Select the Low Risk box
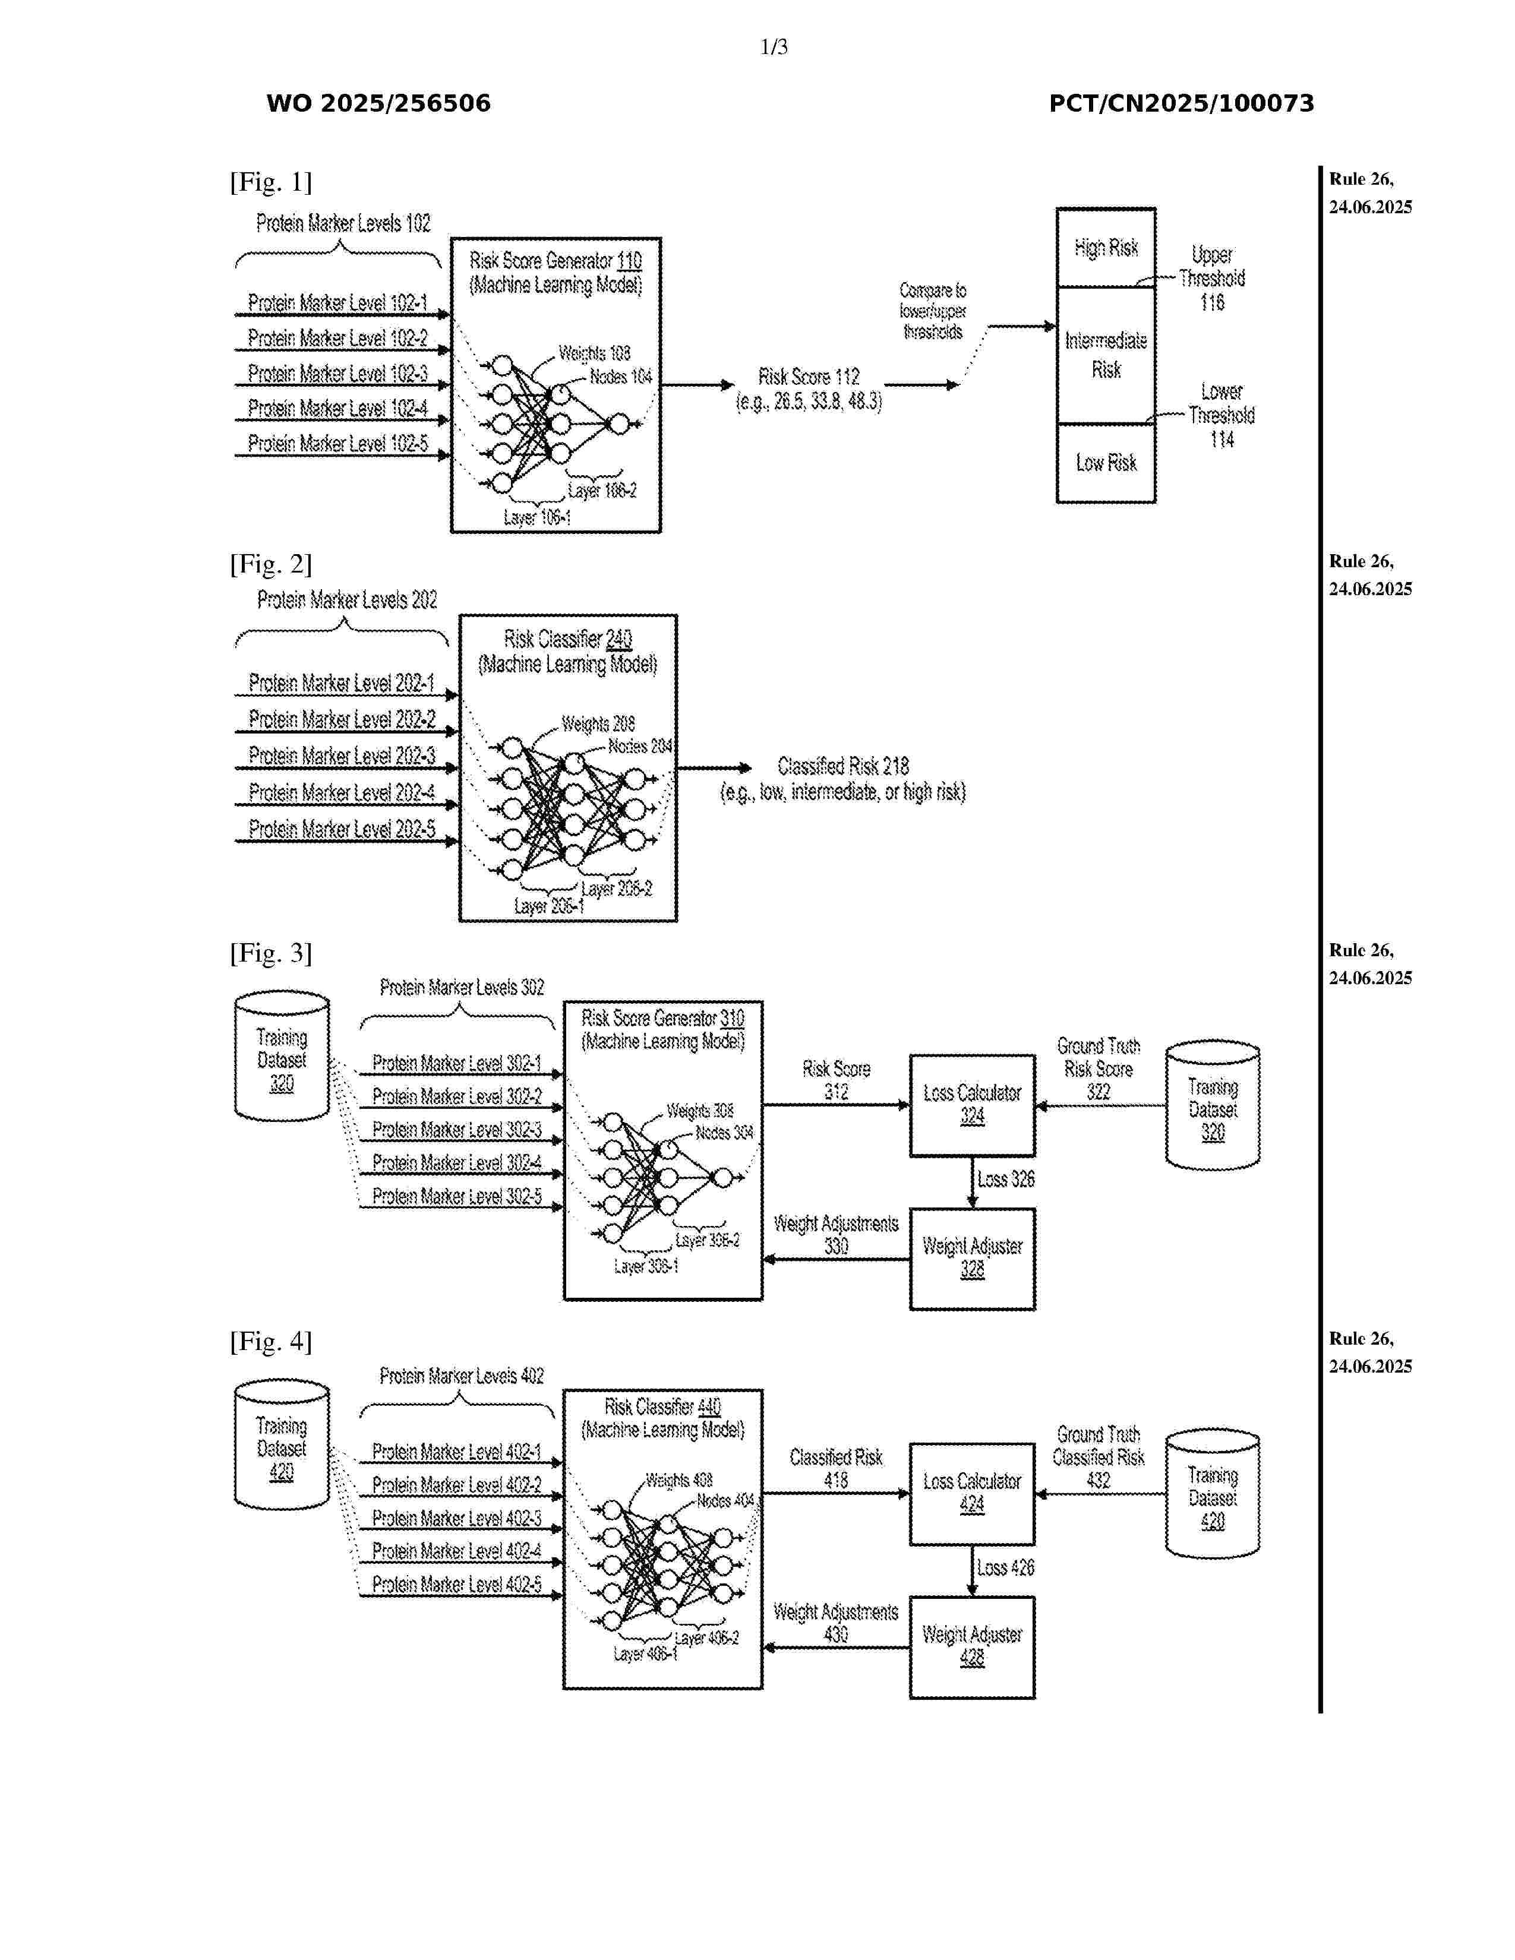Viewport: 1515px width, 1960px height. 1105,463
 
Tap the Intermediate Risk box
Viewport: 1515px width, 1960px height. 1105,355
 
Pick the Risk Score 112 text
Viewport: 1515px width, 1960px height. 809,388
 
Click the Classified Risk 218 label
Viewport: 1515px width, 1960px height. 843,778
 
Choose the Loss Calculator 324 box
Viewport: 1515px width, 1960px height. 972,1105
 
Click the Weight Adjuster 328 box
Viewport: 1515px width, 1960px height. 972,1258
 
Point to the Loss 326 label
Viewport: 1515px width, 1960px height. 1005,1179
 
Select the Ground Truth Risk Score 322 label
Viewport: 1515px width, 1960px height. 1098,1069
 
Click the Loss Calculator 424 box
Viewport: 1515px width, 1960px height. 972,1493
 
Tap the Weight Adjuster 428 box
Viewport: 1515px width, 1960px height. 972,1647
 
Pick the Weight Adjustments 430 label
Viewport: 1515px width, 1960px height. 835,1623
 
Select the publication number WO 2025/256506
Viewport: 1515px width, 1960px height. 378,103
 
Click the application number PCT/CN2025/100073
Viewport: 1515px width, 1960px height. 1181,103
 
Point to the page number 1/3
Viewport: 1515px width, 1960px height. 774,47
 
